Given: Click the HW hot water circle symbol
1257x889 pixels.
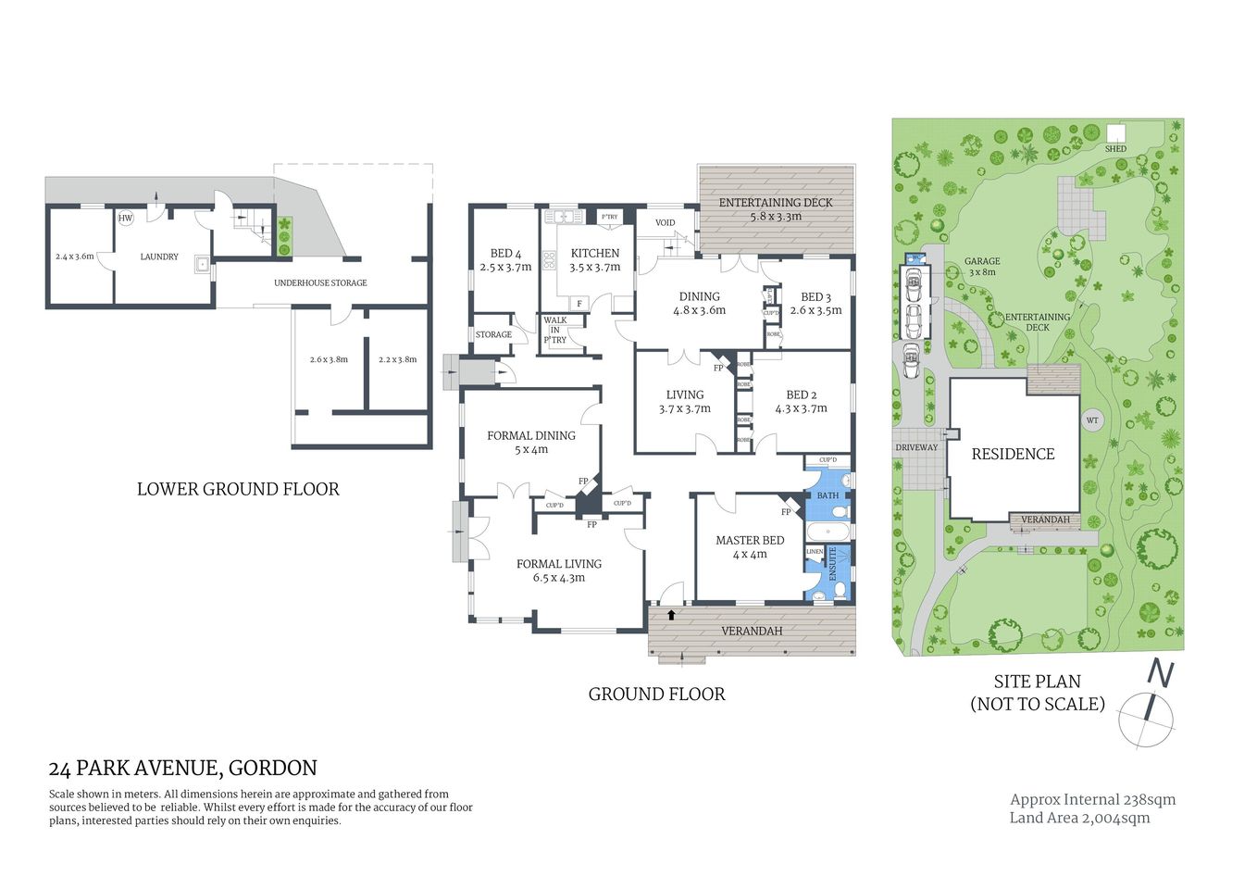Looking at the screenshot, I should (125, 219).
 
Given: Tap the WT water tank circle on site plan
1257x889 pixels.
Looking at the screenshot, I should (1092, 420).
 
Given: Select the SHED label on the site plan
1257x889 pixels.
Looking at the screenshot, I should (1115, 148).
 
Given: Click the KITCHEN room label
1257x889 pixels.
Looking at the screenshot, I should (594, 253).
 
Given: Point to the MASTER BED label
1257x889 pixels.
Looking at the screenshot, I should (750, 540).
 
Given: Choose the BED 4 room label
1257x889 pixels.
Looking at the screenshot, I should (505, 253).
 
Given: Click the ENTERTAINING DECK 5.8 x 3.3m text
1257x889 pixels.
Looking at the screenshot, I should (776, 209).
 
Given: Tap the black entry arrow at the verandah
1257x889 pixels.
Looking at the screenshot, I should (671, 614).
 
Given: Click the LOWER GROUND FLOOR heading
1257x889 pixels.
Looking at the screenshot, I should (238, 489).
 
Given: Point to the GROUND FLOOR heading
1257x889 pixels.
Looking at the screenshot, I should (656, 694).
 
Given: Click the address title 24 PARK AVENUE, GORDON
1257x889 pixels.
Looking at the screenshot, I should (182, 768).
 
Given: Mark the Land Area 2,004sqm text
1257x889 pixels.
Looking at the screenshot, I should (1079, 818).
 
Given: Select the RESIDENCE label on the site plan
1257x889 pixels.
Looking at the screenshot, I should (1013, 454).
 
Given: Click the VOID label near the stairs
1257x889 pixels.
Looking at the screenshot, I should (665, 222).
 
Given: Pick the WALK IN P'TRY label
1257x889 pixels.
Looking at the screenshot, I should (555, 330).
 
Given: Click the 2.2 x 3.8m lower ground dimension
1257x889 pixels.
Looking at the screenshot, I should (397, 359).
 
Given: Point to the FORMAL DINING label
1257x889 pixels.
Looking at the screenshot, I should (531, 435).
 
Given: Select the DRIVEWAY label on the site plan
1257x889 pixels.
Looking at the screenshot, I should (916, 447).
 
